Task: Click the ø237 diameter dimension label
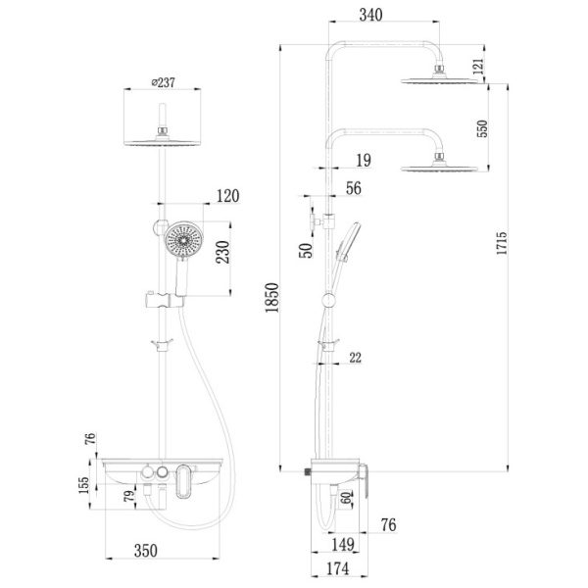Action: [x=164, y=82]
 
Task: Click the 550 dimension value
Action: [x=482, y=128]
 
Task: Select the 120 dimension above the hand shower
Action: [x=226, y=196]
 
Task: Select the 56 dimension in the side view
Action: [x=354, y=189]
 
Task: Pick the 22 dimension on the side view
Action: [x=355, y=358]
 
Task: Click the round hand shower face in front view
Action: [x=182, y=241]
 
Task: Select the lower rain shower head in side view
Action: [x=442, y=169]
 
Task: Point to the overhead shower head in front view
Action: [x=164, y=142]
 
